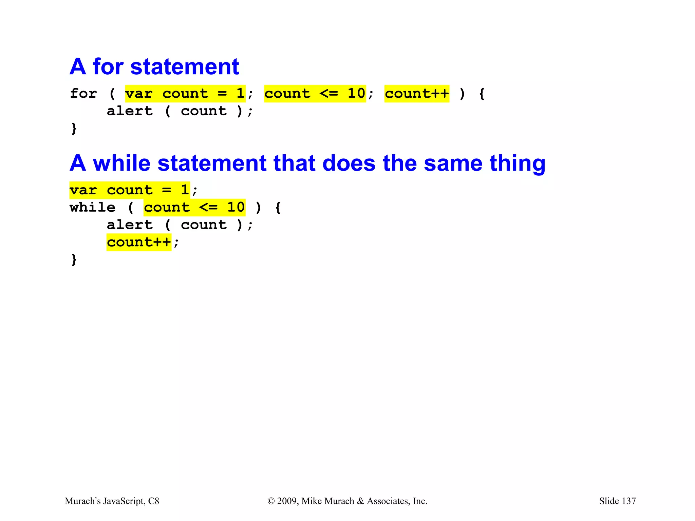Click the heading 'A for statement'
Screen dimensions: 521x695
[x=154, y=66]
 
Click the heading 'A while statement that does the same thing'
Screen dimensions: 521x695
[x=307, y=163]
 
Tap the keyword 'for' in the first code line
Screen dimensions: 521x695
[x=83, y=94]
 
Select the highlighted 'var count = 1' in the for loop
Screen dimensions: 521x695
[x=185, y=94]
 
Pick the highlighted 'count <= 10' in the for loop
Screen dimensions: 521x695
[x=315, y=94]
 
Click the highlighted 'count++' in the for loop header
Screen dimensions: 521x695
[x=417, y=94]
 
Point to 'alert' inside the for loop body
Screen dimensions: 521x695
[x=130, y=111]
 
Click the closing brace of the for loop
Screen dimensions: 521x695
[x=74, y=129]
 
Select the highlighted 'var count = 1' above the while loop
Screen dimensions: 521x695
[x=129, y=190]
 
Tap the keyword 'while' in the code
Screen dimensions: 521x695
[x=93, y=208]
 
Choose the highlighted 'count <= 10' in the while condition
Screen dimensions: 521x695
[x=194, y=208]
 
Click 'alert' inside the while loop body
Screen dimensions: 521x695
[x=130, y=225]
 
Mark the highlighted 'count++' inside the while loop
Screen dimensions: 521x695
[x=139, y=242]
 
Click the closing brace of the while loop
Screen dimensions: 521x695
[x=74, y=260]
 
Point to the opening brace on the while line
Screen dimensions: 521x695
[x=278, y=208]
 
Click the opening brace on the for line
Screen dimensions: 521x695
[x=482, y=94]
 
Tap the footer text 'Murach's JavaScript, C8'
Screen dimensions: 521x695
[x=112, y=501]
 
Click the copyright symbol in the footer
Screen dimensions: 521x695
[x=271, y=501]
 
